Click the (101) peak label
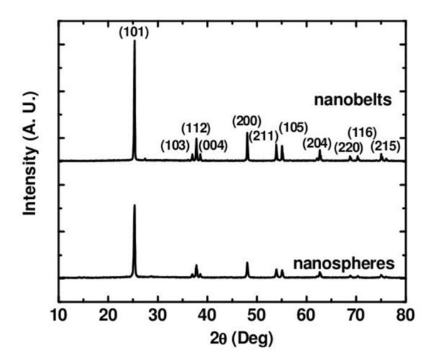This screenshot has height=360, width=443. [134, 31]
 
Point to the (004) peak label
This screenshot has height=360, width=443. [213, 146]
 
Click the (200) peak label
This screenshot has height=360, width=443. [247, 120]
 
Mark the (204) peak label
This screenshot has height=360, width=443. [317, 143]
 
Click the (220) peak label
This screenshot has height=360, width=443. [349, 147]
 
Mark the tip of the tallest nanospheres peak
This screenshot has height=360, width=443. [134, 205]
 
